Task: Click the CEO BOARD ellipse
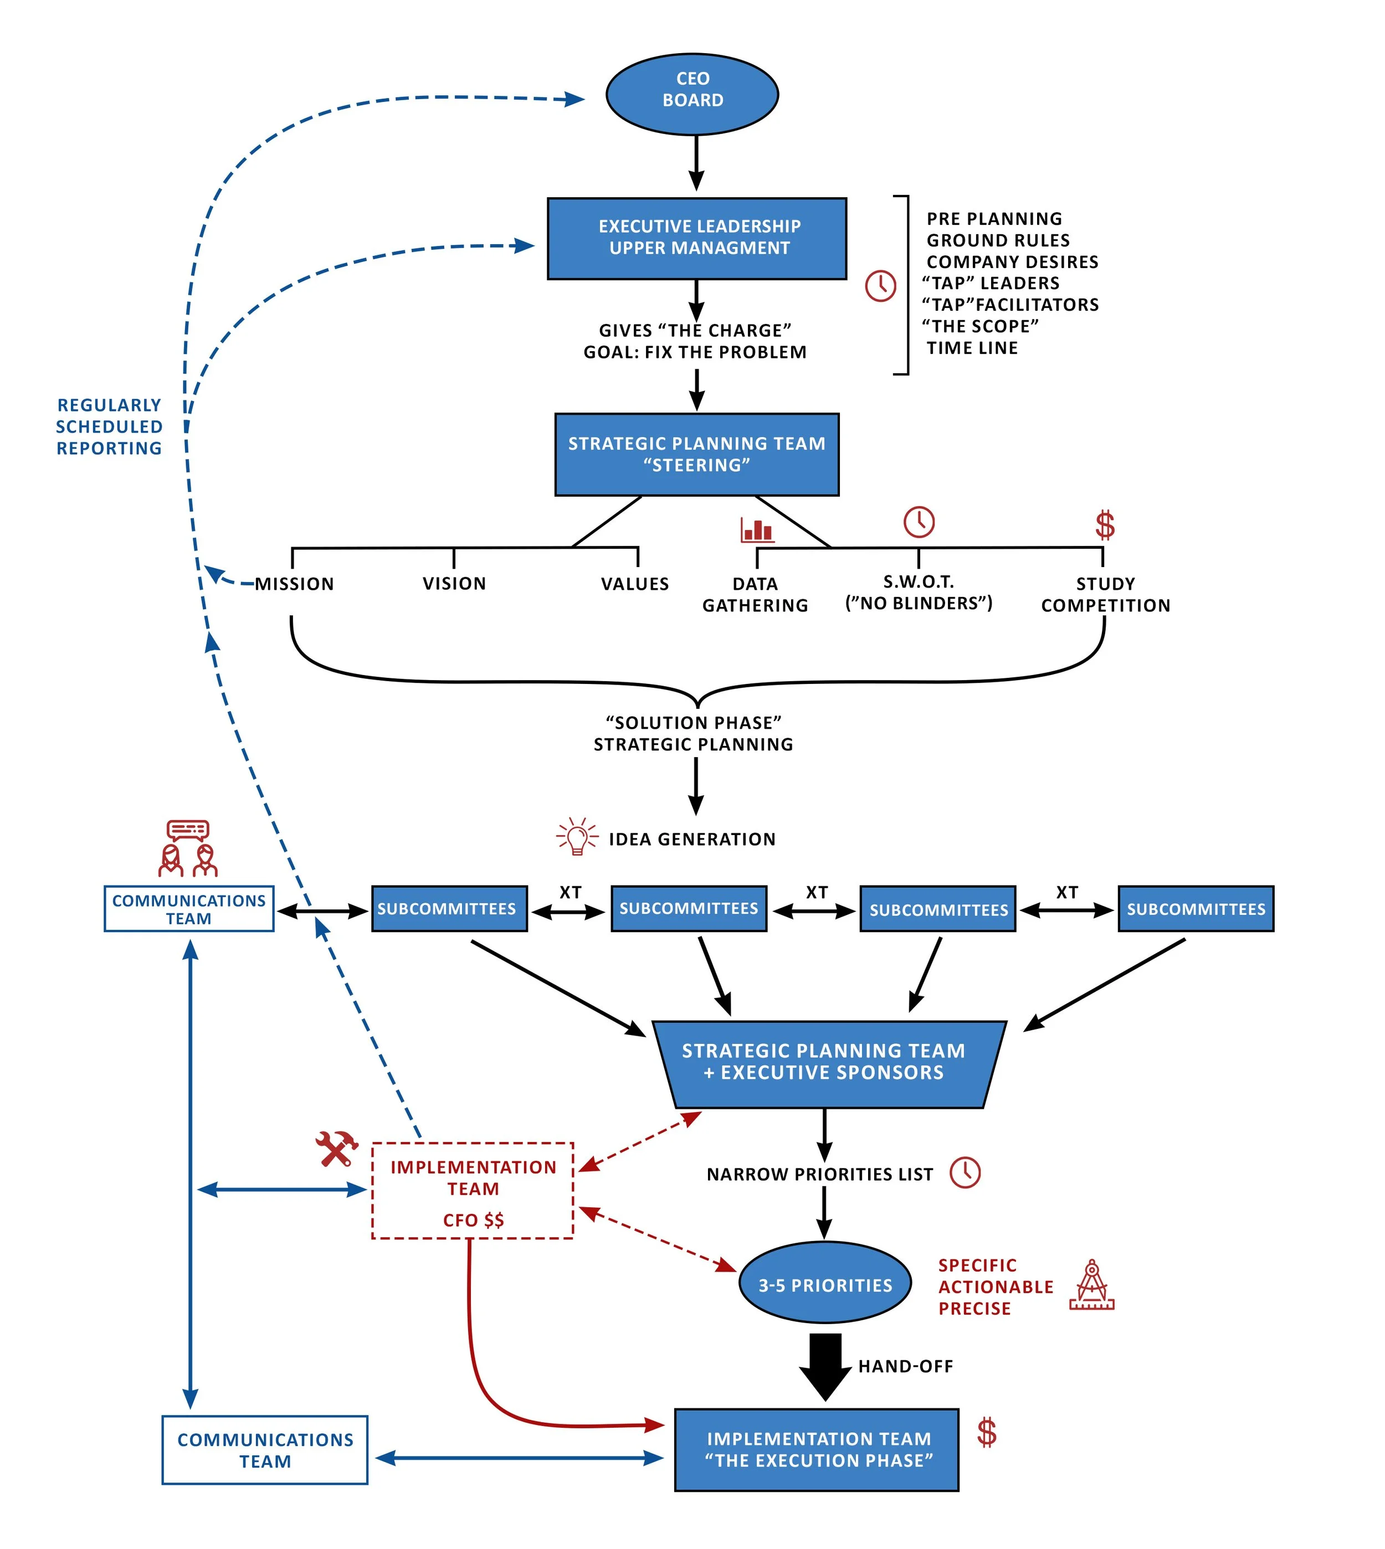point(692,94)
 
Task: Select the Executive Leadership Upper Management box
point(696,238)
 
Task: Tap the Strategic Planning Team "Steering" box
point(696,454)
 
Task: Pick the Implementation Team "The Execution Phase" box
point(817,1449)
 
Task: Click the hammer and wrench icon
point(336,1148)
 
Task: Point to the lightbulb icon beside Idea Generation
point(577,837)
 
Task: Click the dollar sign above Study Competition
point(1104,525)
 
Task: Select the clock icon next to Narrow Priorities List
point(965,1172)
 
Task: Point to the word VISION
point(454,584)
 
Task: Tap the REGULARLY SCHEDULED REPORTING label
point(110,427)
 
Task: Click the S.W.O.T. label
point(919,582)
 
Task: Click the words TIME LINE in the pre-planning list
point(972,348)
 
